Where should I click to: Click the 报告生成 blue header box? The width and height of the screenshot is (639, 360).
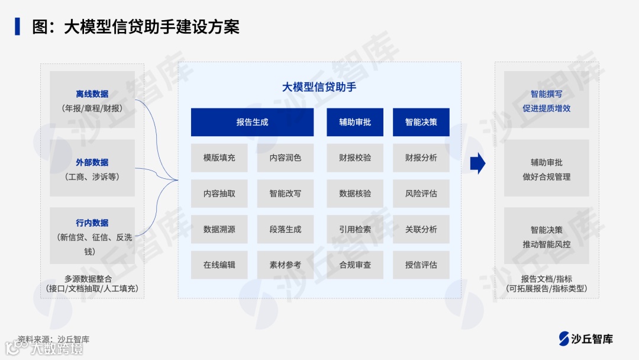coord(252,122)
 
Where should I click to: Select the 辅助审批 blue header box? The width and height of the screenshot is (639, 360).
coord(355,122)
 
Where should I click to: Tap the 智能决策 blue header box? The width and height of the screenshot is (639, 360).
coord(421,122)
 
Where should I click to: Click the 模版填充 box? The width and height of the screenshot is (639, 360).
coord(219,157)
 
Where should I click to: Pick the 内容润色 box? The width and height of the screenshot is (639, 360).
coord(285,157)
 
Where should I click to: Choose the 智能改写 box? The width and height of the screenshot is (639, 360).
coord(285,193)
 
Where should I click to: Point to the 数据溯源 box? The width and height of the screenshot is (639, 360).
coord(219,229)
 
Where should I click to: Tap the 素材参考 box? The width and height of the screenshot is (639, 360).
coord(285,265)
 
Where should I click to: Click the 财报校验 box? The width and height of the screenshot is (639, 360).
coord(355,157)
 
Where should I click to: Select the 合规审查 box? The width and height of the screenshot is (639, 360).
coord(355,265)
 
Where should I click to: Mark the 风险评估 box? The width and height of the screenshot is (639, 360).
coord(421,193)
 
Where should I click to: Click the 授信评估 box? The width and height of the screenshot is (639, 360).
coord(421,265)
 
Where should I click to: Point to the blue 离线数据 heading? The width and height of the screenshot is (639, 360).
coord(92,94)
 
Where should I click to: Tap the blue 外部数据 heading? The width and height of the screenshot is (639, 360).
coord(92,162)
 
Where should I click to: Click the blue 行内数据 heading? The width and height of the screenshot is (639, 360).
coord(92,223)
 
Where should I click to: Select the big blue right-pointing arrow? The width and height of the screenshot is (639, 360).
coord(477,163)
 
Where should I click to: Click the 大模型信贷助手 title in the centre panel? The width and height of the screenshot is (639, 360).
coord(319,87)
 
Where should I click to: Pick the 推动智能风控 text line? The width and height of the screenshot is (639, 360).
coord(546,244)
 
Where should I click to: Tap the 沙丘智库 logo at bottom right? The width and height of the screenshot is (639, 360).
coord(586,339)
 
